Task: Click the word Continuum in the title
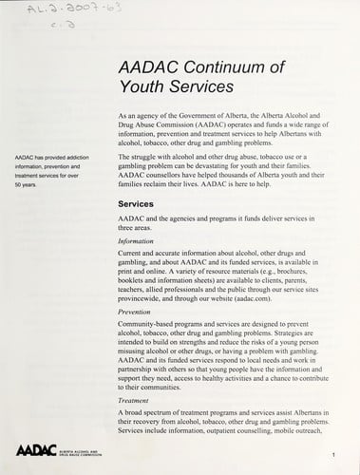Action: tap(208, 66)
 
